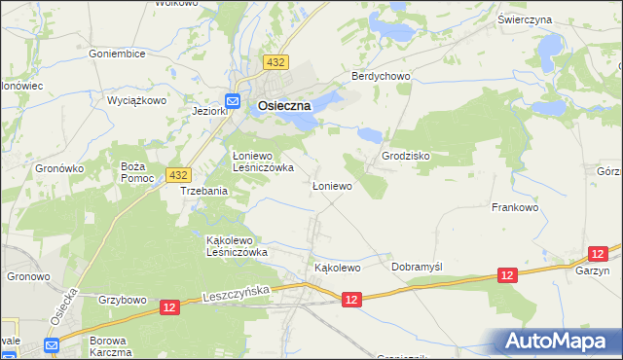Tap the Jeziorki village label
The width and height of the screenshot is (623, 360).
[210, 112]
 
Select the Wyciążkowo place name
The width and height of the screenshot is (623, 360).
[136, 100]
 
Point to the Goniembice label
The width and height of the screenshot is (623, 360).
[117, 54]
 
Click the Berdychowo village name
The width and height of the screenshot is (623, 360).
[382, 76]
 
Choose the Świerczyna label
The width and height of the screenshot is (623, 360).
[552, 19]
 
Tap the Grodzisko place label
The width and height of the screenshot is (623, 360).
[406, 156]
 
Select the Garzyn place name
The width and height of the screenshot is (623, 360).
[592, 271]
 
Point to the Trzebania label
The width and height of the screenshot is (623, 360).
[204, 192]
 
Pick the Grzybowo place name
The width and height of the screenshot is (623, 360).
[122, 299]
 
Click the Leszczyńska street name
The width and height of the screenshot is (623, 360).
[239, 295]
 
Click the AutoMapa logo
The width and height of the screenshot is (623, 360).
[558, 341]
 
